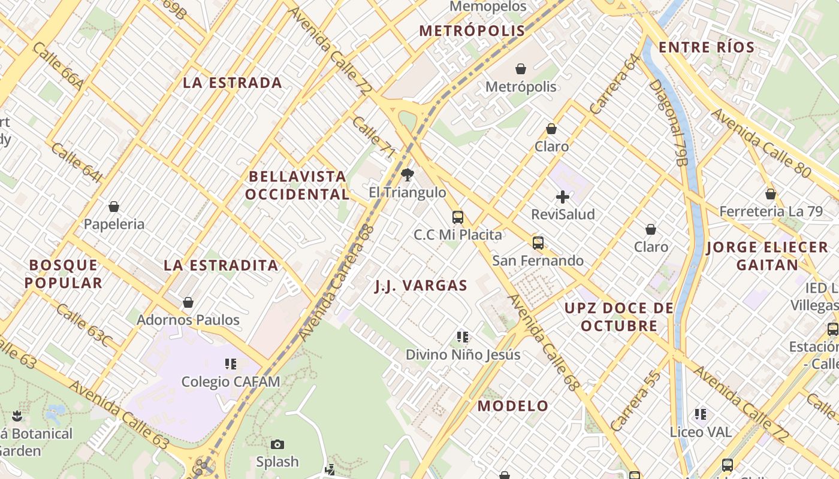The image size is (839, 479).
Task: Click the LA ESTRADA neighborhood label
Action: click(x=233, y=83)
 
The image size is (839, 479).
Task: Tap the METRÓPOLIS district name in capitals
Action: click(x=472, y=31)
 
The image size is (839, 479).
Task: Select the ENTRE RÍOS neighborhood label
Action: click(x=707, y=48)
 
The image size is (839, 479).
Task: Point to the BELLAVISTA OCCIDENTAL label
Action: click(x=297, y=185)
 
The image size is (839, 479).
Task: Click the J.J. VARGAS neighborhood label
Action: click(x=421, y=286)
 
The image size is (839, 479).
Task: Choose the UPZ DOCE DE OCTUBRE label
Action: click(x=619, y=317)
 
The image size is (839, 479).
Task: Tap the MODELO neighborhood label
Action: click(x=513, y=406)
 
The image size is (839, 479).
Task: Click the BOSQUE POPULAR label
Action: click(x=64, y=274)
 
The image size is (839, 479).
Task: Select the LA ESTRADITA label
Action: click(x=221, y=265)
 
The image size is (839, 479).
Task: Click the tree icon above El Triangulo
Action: click(x=408, y=175)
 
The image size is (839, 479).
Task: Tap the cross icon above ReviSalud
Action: click(x=563, y=196)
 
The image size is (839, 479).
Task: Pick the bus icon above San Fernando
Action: click(x=538, y=242)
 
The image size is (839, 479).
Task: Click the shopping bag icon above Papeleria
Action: click(x=114, y=207)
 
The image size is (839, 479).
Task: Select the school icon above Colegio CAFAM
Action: click(x=231, y=363)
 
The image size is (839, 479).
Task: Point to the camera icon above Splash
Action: click(x=277, y=444)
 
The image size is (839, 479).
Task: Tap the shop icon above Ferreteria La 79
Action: click(x=771, y=194)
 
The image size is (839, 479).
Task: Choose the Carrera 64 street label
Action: click(x=615, y=84)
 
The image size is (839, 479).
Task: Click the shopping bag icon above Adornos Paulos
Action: click(x=188, y=302)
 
